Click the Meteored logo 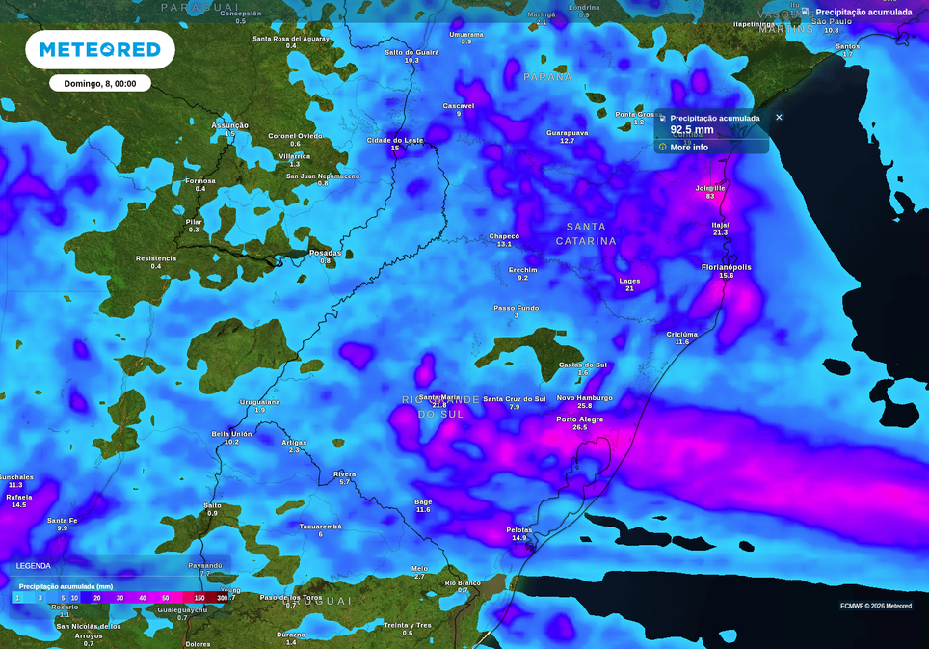click(x=99, y=50)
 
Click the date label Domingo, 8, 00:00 click(x=99, y=84)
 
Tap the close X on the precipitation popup click(x=779, y=118)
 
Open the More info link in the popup click(x=688, y=148)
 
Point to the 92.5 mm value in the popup click(x=692, y=130)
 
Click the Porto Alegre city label click(x=579, y=419)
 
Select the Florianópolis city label click(x=726, y=267)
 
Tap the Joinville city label click(x=710, y=188)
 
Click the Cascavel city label click(x=458, y=105)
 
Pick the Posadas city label click(x=325, y=253)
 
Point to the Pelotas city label click(x=519, y=529)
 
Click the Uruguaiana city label click(x=259, y=402)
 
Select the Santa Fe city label click(x=62, y=521)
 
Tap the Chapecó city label click(x=504, y=236)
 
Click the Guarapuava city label click(x=567, y=132)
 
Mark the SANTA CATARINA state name click(x=585, y=233)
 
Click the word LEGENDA click(x=33, y=566)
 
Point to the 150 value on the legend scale click(x=199, y=598)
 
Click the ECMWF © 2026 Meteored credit click(x=875, y=606)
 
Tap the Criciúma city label click(x=682, y=335)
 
